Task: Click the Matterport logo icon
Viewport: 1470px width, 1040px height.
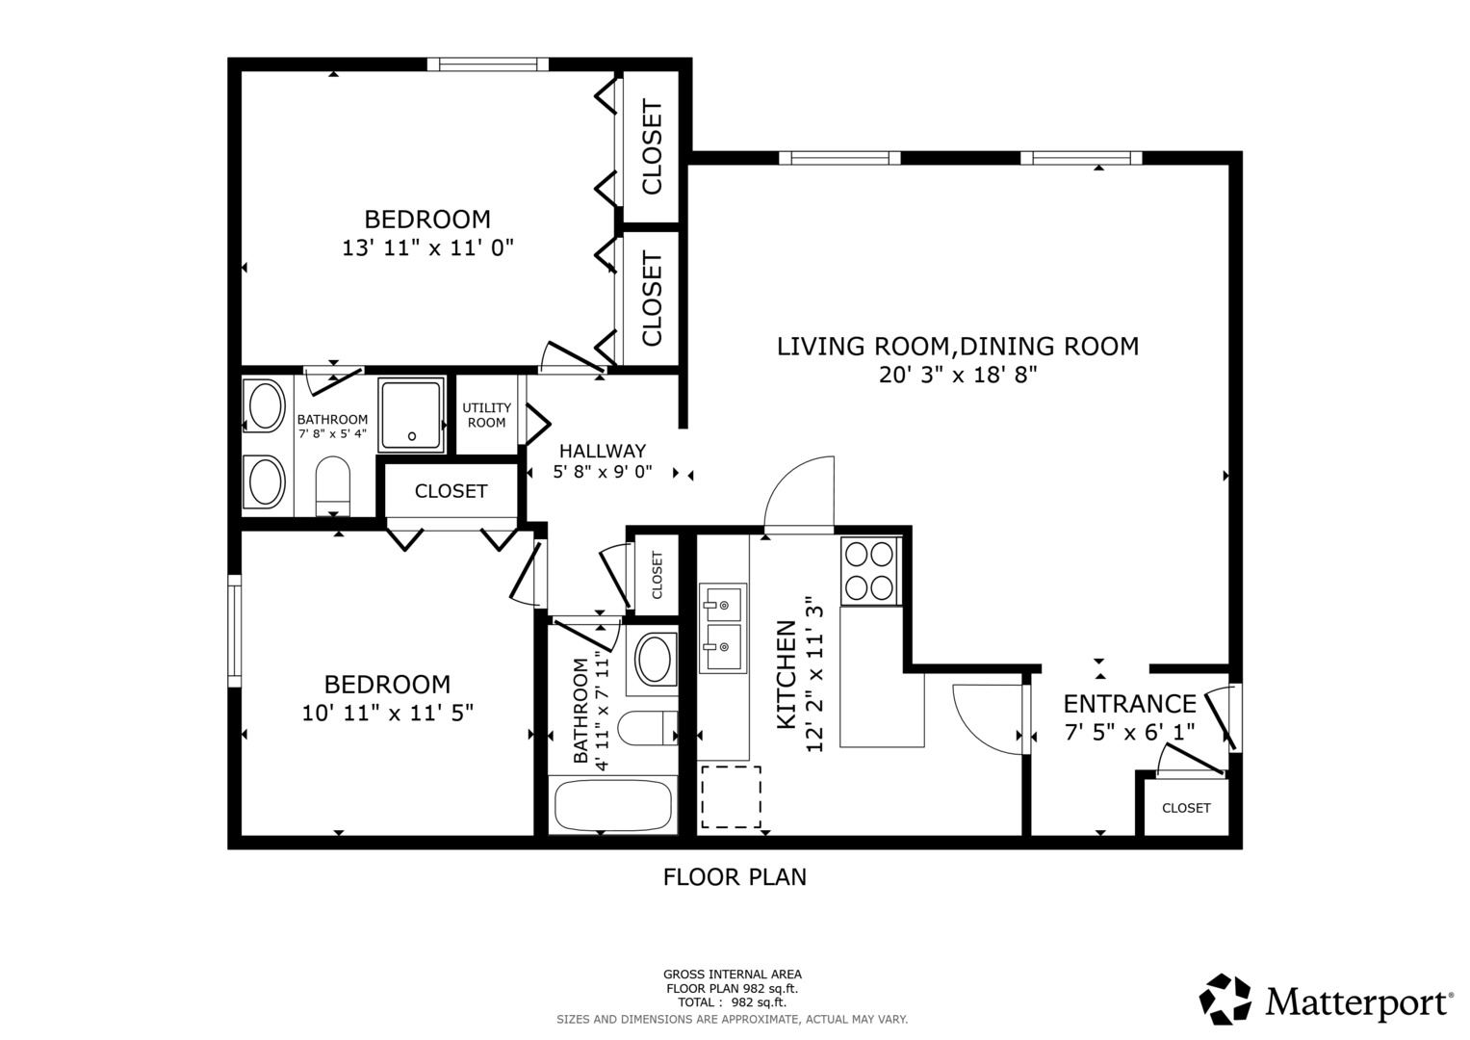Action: [x=1225, y=1000]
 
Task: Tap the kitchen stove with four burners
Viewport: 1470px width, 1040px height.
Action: [x=869, y=569]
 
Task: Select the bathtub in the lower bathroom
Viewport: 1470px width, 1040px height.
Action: [x=613, y=805]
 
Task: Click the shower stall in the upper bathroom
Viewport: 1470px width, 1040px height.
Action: [x=411, y=414]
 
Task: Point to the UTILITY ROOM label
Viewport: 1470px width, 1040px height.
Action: [x=486, y=415]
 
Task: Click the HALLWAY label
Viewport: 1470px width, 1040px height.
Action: [x=602, y=451]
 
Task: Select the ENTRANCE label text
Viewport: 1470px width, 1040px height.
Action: [x=1129, y=704]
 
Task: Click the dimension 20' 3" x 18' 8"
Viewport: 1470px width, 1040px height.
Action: [x=957, y=375]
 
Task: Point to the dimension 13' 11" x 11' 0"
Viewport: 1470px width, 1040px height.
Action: [x=427, y=247]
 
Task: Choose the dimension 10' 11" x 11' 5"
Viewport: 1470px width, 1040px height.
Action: [x=387, y=713]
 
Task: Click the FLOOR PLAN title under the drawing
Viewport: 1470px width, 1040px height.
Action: [x=735, y=877]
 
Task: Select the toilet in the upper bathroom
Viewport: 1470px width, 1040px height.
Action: [x=333, y=487]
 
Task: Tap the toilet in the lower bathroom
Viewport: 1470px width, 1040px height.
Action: [x=646, y=728]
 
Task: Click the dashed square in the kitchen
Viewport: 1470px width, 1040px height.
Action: [x=731, y=797]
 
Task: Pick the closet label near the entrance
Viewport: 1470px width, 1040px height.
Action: [x=1185, y=808]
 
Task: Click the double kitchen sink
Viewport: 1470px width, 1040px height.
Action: [x=722, y=627]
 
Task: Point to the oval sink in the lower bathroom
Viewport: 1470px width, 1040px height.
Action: [x=655, y=659]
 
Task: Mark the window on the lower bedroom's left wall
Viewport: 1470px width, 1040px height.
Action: [x=234, y=630]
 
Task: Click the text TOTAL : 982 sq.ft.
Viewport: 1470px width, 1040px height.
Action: [x=732, y=1002]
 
